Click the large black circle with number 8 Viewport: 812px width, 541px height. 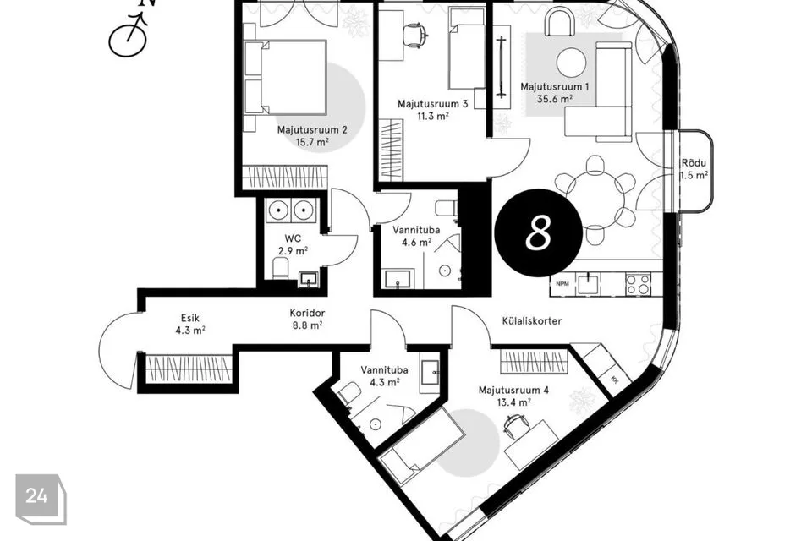coord(539,232)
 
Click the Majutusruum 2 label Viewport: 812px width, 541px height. coord(312,129)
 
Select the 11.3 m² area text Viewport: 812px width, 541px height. coord(433,116)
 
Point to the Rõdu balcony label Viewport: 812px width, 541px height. coord(694,163)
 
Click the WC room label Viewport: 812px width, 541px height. coord(293,238)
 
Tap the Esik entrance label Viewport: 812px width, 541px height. coord(190,318)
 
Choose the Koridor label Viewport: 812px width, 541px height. coord(307,313)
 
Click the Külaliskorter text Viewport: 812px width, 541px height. coord(532,321)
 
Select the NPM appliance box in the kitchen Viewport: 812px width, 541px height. coord(562,284)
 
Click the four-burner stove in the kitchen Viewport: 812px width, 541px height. coord(638,284)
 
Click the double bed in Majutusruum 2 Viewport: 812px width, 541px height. coord(286,78)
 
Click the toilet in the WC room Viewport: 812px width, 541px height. coord(280,269)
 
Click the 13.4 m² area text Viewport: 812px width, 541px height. coord(513,402)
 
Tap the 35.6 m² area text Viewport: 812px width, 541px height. coord(554,99)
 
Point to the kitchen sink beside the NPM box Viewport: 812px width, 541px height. coord(589,284)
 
